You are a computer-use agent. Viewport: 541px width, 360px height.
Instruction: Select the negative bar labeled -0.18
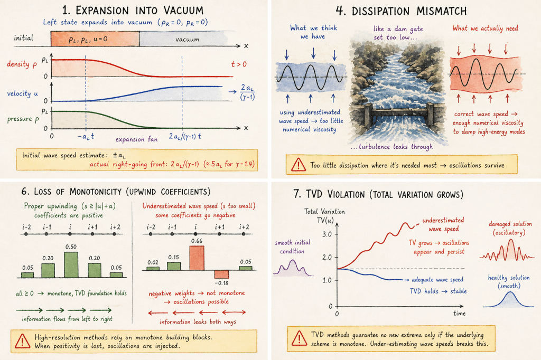tap(221, 274)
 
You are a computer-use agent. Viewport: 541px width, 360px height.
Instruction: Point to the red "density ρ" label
tap(25, 64)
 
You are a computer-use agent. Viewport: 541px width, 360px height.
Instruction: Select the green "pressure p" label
tap(26, 119)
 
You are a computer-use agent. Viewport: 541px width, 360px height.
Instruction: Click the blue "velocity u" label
tap(26, 93)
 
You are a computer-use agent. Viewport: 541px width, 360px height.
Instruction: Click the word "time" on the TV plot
tap(459, 313)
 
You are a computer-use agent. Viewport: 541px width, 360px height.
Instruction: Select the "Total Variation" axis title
tap(324, 212)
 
